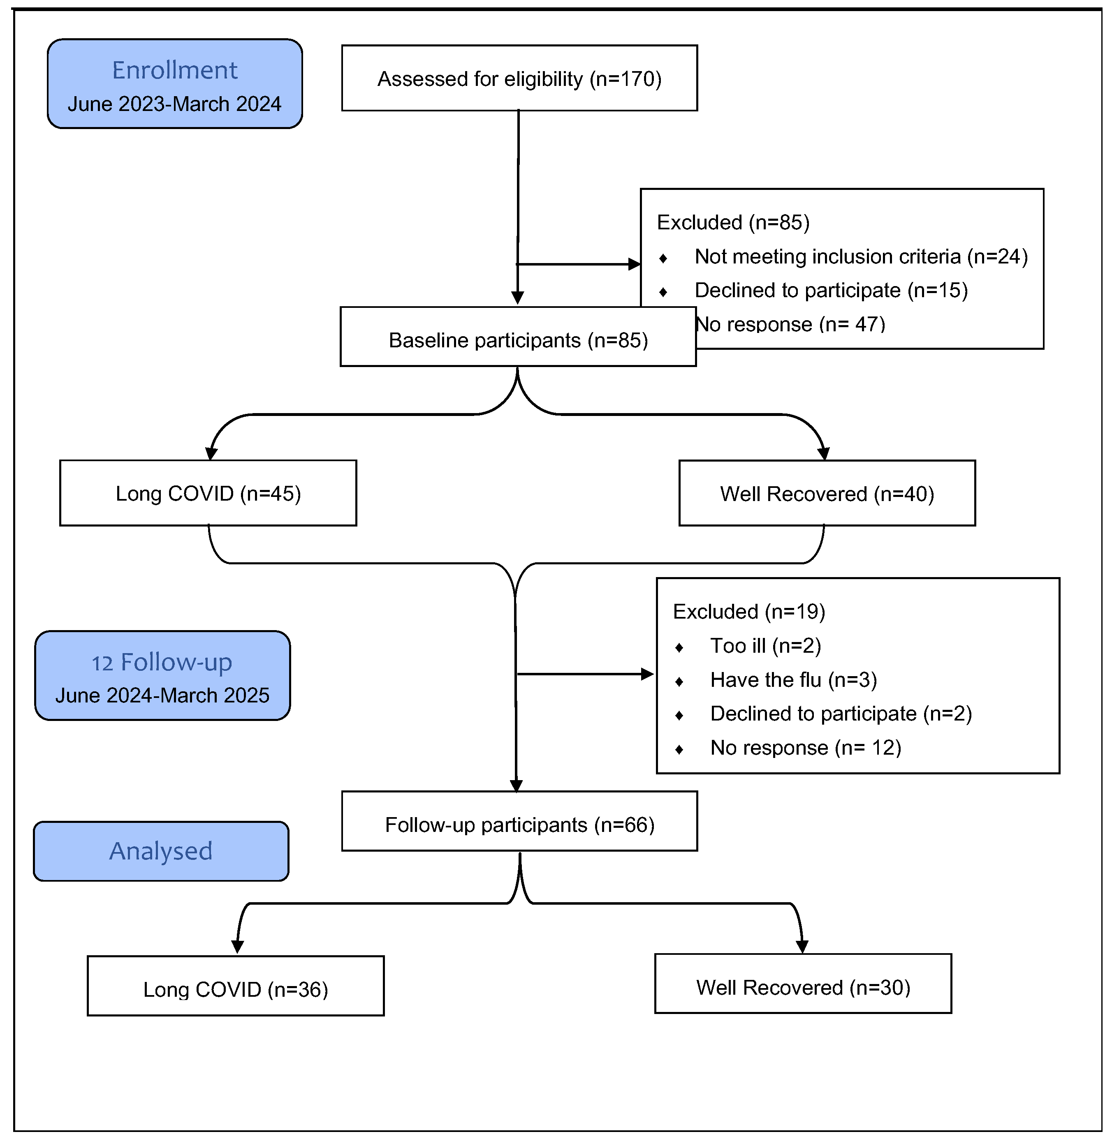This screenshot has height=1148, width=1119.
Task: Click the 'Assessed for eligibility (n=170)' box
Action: (519, 78)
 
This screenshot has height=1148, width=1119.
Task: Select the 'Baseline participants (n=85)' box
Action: (518, 337)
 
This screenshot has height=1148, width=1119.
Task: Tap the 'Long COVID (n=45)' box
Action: (208, 493)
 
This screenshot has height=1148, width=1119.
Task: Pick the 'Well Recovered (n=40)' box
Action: (827, 493)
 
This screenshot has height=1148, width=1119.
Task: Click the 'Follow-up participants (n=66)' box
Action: (519, 821)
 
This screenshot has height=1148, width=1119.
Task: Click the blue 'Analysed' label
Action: (161, 851)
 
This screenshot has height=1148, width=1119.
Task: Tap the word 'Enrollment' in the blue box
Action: (175, 71)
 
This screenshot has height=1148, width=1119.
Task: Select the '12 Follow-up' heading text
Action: (162, 663)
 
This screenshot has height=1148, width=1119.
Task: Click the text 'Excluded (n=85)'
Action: (733, 222)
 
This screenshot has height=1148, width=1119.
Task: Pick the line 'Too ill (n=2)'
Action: (765, 646)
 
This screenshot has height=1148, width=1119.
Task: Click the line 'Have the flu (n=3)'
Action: (793, 680)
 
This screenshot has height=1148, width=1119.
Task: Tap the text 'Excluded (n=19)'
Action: (749, 612)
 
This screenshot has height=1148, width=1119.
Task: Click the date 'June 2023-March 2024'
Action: (174, 104)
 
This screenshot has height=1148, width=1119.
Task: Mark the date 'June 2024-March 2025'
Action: (162, 695)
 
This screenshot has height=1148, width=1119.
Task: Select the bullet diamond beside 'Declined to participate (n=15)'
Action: (663, 292)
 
